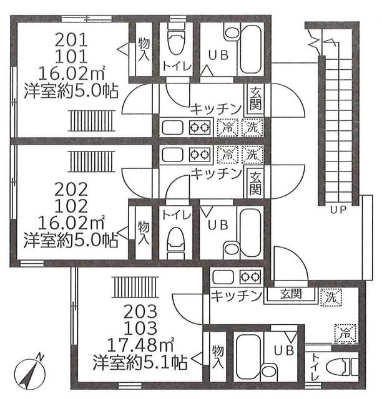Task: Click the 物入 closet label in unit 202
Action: [143, 233]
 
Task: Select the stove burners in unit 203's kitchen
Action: [248, 277]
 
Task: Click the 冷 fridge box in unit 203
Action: [343, 334]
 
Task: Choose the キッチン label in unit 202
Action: [216, 173]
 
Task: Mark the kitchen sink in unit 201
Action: [172, 128]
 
